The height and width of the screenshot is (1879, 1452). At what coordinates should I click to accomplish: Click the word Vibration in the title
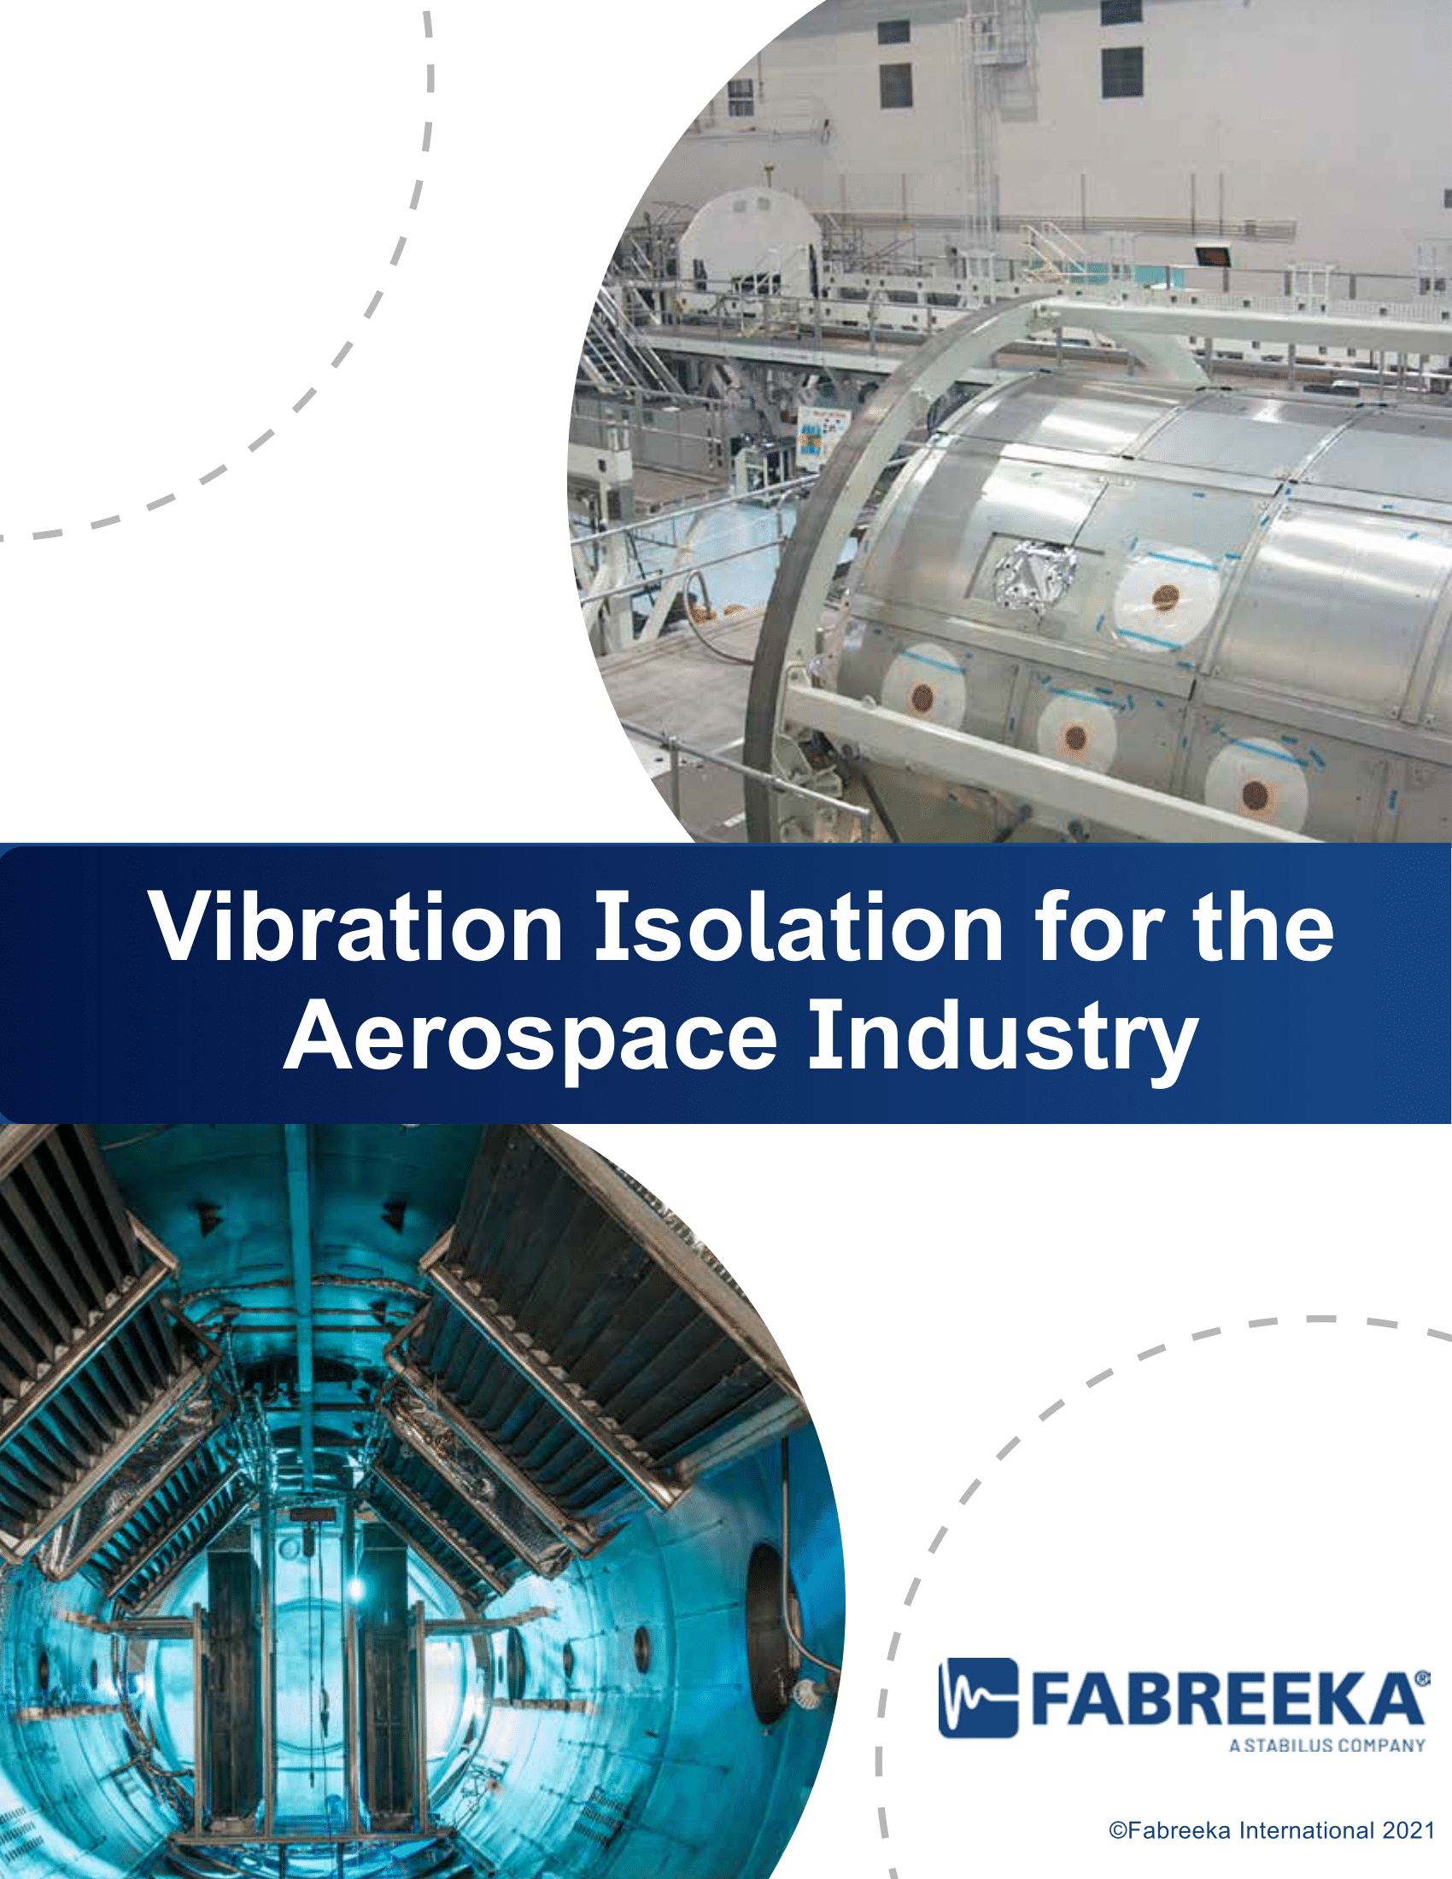pyautogui.click(x=356, y=928)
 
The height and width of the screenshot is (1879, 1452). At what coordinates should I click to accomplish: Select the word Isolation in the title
pyautogui.click(x=799, y=928)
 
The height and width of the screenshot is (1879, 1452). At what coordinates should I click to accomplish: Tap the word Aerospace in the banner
pyautogui.click(x=530, y=1039)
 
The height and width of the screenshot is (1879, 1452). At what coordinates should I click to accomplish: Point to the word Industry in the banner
pyautogui.click(x=1003, y=1039)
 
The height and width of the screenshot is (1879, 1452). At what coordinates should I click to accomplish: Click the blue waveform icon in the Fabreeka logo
pyautogui.click(x=978, y=1697)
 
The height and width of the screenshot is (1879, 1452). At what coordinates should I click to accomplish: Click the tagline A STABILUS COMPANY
pyautogui.click(x=1327, y=1745)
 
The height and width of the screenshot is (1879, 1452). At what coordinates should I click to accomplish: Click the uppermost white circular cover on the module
pyautogui.click(x=1167, y=595)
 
